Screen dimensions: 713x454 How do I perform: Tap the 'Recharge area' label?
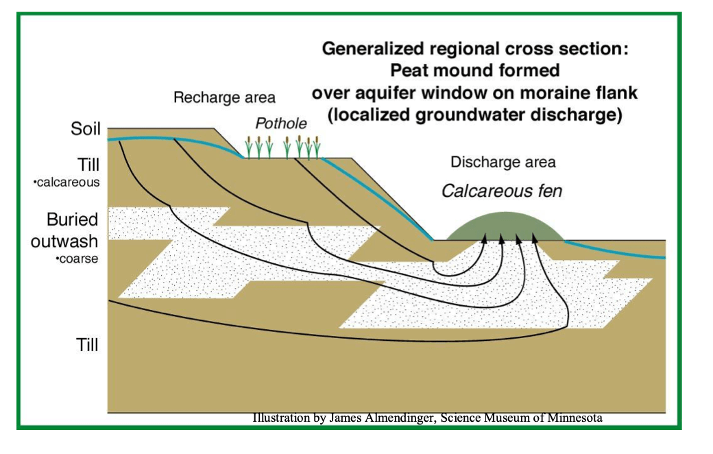tap(224, 97)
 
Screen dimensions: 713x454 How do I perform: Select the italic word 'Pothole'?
tap(281, 123)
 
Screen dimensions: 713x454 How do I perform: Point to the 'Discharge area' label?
tap(503, 163)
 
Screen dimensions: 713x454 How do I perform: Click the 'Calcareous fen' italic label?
tap(501, 190)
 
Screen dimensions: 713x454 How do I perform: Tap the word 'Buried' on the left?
tap(73, 221)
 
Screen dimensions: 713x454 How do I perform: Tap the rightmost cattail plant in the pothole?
tap(317, 147)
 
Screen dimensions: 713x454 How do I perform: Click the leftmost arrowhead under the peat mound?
tap(485, 239)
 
